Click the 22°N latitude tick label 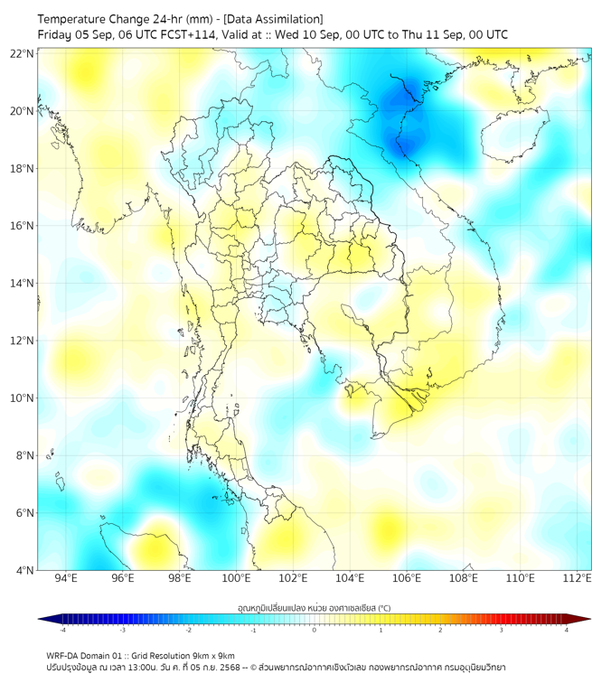click(x=23, y=53)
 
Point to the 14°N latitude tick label click(x=23, y=284)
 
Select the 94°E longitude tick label click(x=66, y=578)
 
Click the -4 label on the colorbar click(x=62, y=631)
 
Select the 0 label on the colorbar click(x=315, y=631)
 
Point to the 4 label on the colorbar click(x=566, y=631)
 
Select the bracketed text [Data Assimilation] click(x=271, y=18)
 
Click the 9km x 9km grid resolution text click(x=213, y=655)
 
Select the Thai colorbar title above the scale click(x=314, y=608)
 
